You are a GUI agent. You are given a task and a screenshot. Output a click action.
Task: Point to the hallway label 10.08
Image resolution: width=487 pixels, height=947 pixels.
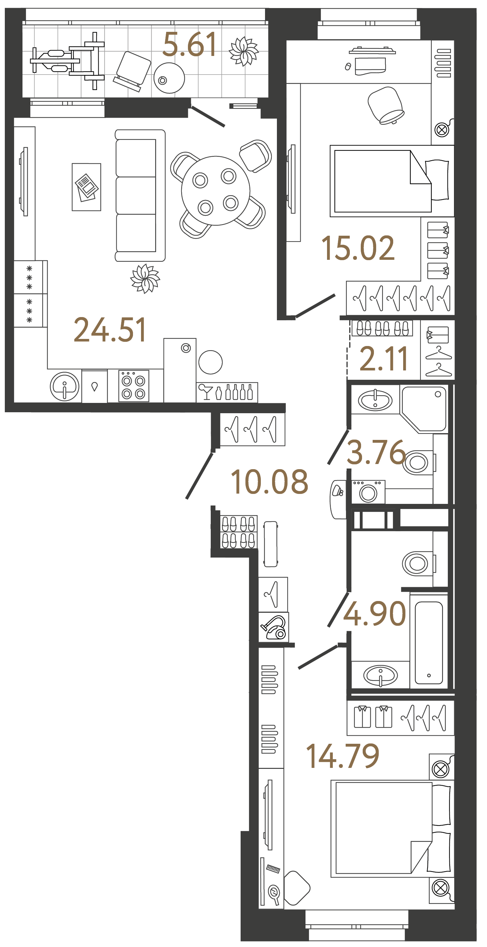[269, 482]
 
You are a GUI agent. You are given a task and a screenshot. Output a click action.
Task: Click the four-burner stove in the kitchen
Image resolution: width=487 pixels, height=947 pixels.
[134, 386]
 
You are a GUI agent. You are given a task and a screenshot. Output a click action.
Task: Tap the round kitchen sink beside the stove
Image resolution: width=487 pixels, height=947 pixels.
[65, 387]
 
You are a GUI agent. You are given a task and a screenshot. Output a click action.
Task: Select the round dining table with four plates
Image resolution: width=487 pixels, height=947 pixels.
[216, 191]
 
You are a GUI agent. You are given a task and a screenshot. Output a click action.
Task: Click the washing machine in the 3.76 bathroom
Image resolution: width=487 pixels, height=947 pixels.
[368, 492]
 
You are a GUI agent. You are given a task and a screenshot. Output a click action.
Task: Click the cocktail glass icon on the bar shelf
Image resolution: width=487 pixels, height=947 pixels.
[206, 392]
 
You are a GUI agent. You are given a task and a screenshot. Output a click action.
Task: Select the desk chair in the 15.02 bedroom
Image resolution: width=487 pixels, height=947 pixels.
[385, 105]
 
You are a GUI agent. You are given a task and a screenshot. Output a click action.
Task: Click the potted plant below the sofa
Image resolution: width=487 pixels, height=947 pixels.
[145, 278]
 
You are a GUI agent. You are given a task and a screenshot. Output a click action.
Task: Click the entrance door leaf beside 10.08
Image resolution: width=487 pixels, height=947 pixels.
[199, 476]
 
